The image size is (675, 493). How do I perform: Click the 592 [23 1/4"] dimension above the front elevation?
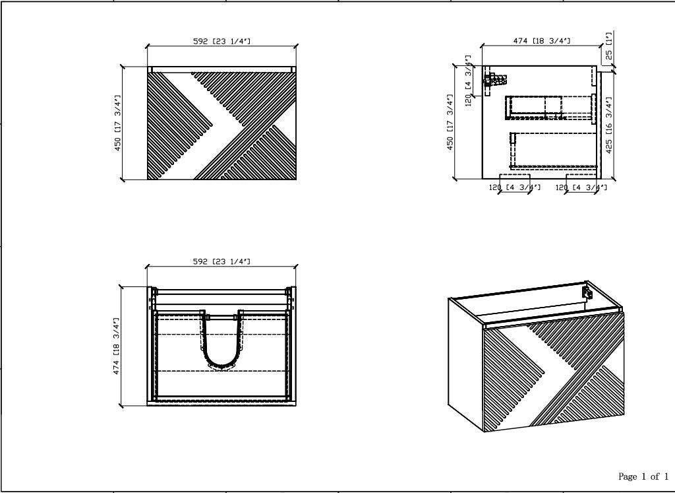click(x=221, y=42)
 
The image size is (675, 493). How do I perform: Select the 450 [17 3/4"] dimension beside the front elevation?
click(x=118, y=123)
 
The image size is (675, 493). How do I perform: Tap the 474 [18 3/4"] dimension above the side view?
click(x=542, y=41)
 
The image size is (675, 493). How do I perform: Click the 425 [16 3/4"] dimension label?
click(x=608, y=125)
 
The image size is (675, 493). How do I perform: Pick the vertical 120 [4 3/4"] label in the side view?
click(x=469, y=80)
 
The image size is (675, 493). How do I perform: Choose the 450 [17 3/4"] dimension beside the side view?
click(x=450, y=122)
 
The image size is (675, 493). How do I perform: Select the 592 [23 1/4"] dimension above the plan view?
click(x=221, y=261)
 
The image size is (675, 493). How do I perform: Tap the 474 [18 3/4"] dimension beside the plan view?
click(x=117, y=346)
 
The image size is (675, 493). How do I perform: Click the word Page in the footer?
click(x=628, y=477)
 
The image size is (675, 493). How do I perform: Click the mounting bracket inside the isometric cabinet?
click(x=587, y=292)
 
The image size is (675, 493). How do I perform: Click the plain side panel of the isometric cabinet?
click(x=466, y=362)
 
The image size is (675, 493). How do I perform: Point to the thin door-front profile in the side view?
click(x=599, y=125)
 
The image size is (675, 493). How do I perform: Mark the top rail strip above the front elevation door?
click(x=221, y=69)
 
